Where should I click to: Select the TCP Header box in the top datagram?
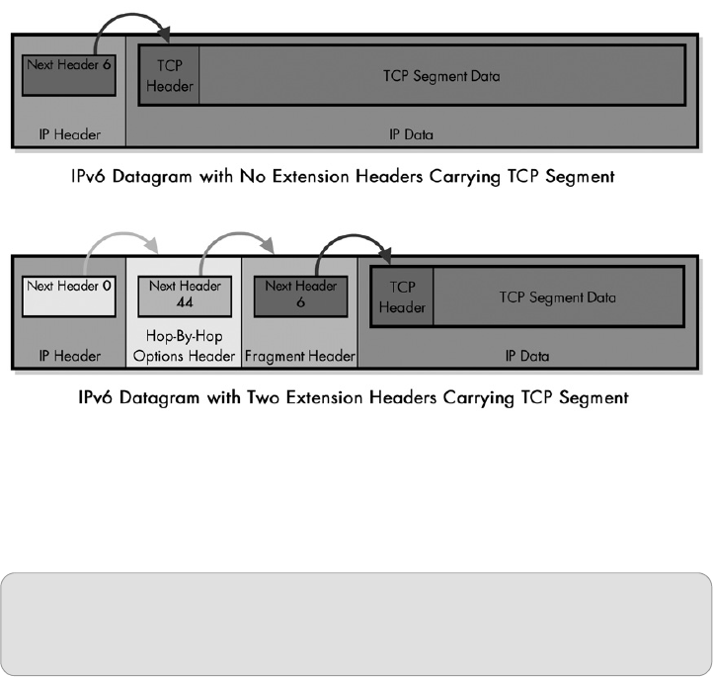(x=171, y=75)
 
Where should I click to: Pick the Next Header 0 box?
(x=68, y=294)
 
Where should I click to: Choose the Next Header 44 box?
(x=184, y=294)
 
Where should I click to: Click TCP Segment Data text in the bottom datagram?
(x=558, y=296)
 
